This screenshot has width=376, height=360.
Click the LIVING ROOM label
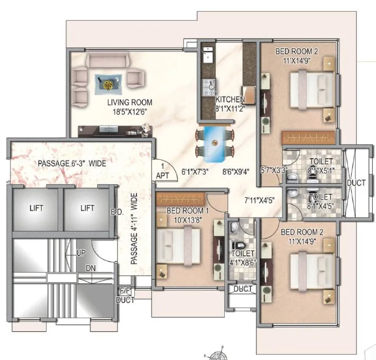[x=130, y=102]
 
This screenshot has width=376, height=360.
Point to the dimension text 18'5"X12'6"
[x=130, y=112]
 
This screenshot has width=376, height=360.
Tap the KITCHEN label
[x=230, y=99]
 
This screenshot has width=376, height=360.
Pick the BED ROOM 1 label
[x=188, y=211]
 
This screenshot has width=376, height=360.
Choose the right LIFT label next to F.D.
[x=87, y=208]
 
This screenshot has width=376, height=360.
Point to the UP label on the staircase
[x=81, y=254]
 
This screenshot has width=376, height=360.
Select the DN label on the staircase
[x=91, y=268]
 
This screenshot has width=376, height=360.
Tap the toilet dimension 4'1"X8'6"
[x=242, y=260]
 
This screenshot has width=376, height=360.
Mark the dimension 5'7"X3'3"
[x=274, y=171]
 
